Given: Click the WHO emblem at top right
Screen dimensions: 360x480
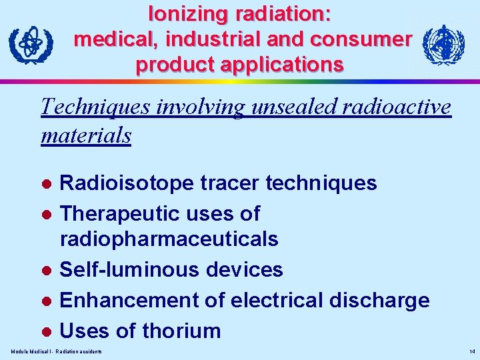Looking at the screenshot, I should coord(444,45).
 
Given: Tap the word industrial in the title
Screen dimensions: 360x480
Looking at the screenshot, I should coord(211,39).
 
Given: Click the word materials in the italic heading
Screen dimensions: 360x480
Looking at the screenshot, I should coord(86,135).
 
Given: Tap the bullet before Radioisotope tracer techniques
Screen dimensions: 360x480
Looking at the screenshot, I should coord(47,183).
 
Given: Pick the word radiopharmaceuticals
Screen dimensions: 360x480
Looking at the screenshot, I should coord(169,238).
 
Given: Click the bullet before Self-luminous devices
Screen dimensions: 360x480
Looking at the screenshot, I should coord(47,270).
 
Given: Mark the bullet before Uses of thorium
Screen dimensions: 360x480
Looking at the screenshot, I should coord(47,331).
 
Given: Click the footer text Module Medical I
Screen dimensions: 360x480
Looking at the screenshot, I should coord(31,351).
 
